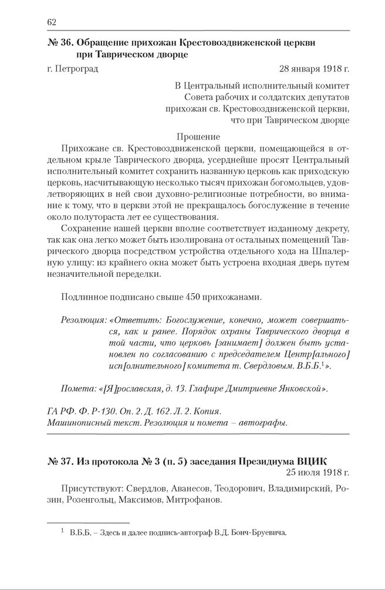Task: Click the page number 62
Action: point(51,22)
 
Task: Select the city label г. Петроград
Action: point(72,69)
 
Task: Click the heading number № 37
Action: point(59,461)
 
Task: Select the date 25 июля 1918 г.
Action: point(318,473)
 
